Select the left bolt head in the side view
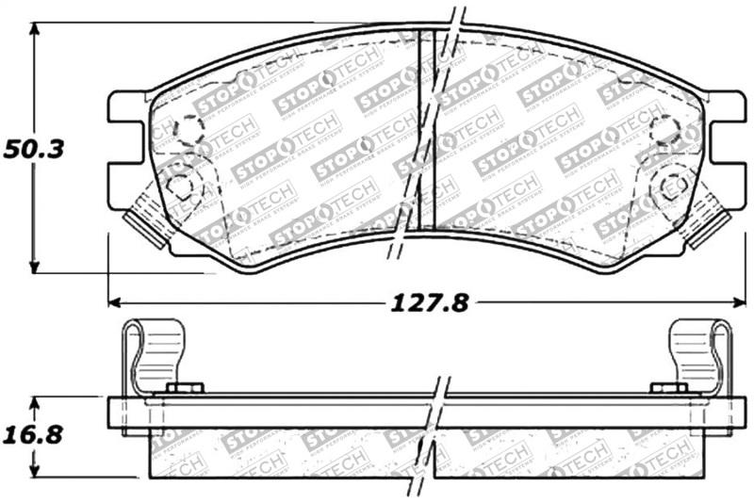(185, 388)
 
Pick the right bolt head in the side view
(669, 388)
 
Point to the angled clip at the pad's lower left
(149, 219)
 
